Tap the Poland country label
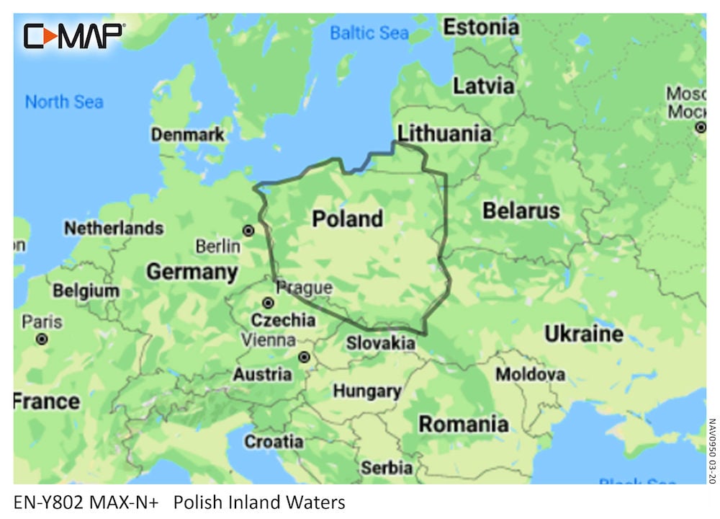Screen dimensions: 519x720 point(347,219)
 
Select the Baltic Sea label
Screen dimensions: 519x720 point(369,32)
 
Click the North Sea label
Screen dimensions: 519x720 point(64,102)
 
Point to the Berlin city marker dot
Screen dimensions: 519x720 point(248,231)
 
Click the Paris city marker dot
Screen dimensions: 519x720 point(42,338)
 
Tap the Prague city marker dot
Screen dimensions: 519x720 point(268,303)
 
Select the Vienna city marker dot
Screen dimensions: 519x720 point(304,357)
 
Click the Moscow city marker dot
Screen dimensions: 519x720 point(700,128)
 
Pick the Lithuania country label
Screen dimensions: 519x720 point(444,133)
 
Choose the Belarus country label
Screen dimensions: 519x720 point(521,211)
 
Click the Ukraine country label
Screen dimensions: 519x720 point(583,334)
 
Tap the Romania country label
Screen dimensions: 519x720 point(463,424)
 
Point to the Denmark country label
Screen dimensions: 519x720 point(187,135)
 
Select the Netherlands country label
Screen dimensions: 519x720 point(114,229)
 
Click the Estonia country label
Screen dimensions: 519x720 point(480,28)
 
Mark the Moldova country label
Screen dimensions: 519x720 point(529,375)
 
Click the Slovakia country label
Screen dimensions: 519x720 point(380,343)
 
